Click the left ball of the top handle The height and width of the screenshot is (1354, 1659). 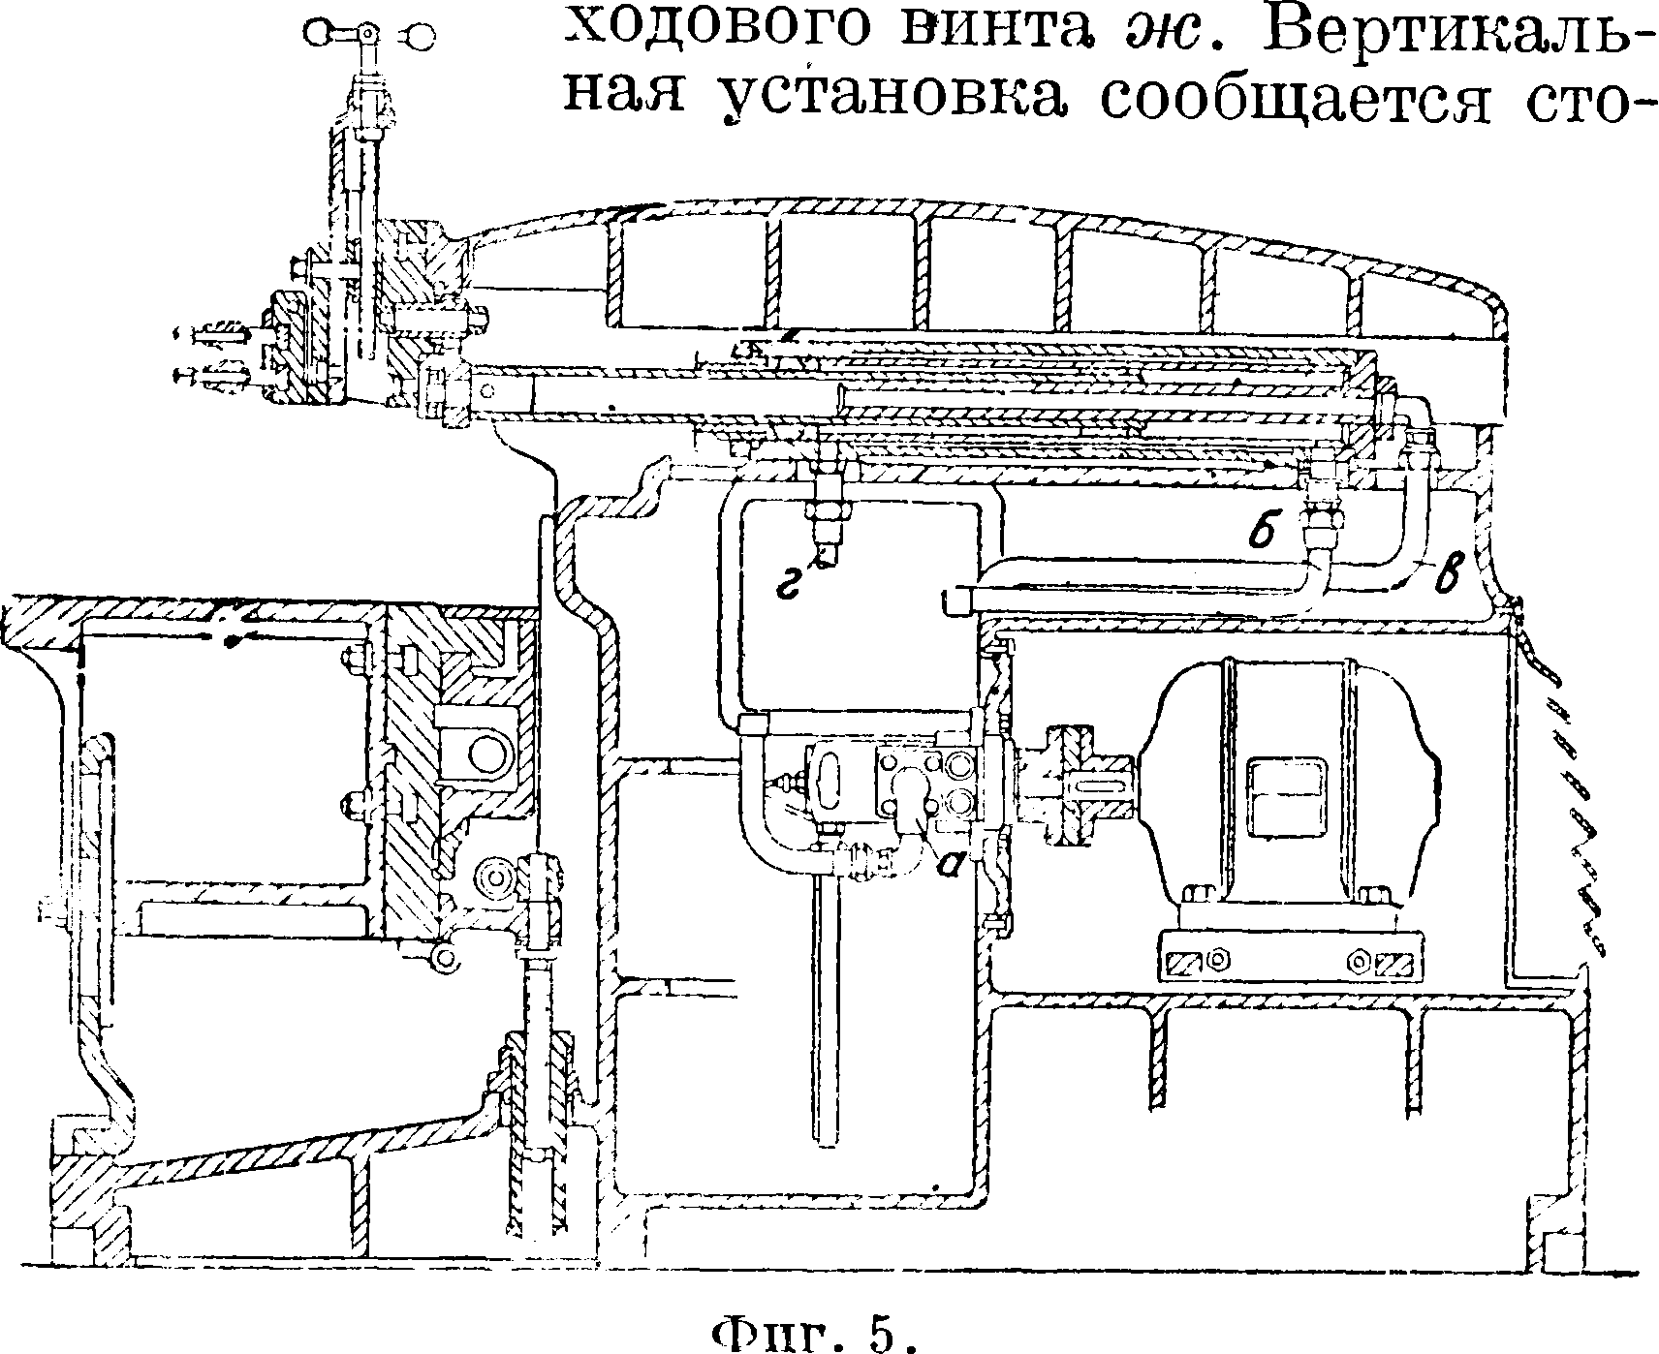pyautogui.click(x=316, y=35)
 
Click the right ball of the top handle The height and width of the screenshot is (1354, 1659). pyautogui.click(x=421, y=36)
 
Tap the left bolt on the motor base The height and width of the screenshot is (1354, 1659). pyautogui.click(x=1220, y=959)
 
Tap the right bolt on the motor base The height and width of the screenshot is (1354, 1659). pyautogui.click(x=1359, y=959)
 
